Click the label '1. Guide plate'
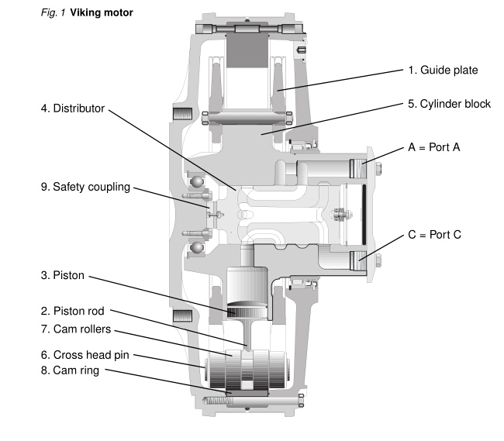[x=443, y=71]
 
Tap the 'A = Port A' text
[x=435, y=147]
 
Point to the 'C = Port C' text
[x=435, y=233]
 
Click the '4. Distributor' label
[x=72, y=109]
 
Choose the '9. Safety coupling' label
[x=85, y=187]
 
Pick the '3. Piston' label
[x=63, y=275]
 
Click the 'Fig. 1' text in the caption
[x=53, y=13]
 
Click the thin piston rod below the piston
[x=246, y=334]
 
